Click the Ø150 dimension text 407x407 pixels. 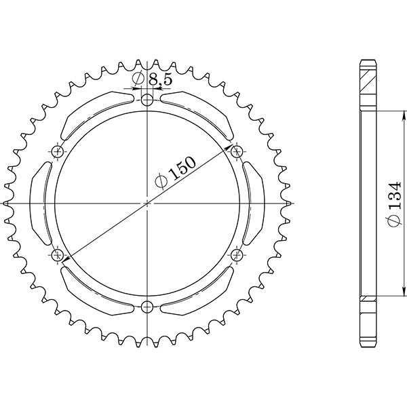(175, 173)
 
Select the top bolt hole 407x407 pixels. (147, 100)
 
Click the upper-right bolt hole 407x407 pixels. (237, 151)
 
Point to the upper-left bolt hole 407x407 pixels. (57, 151)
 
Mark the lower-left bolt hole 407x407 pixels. (57, 255)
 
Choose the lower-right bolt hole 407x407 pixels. (237, 255)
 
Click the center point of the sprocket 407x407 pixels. (147, 203)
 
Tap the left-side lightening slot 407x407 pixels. (42, 203)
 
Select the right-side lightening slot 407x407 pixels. (252, 203)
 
